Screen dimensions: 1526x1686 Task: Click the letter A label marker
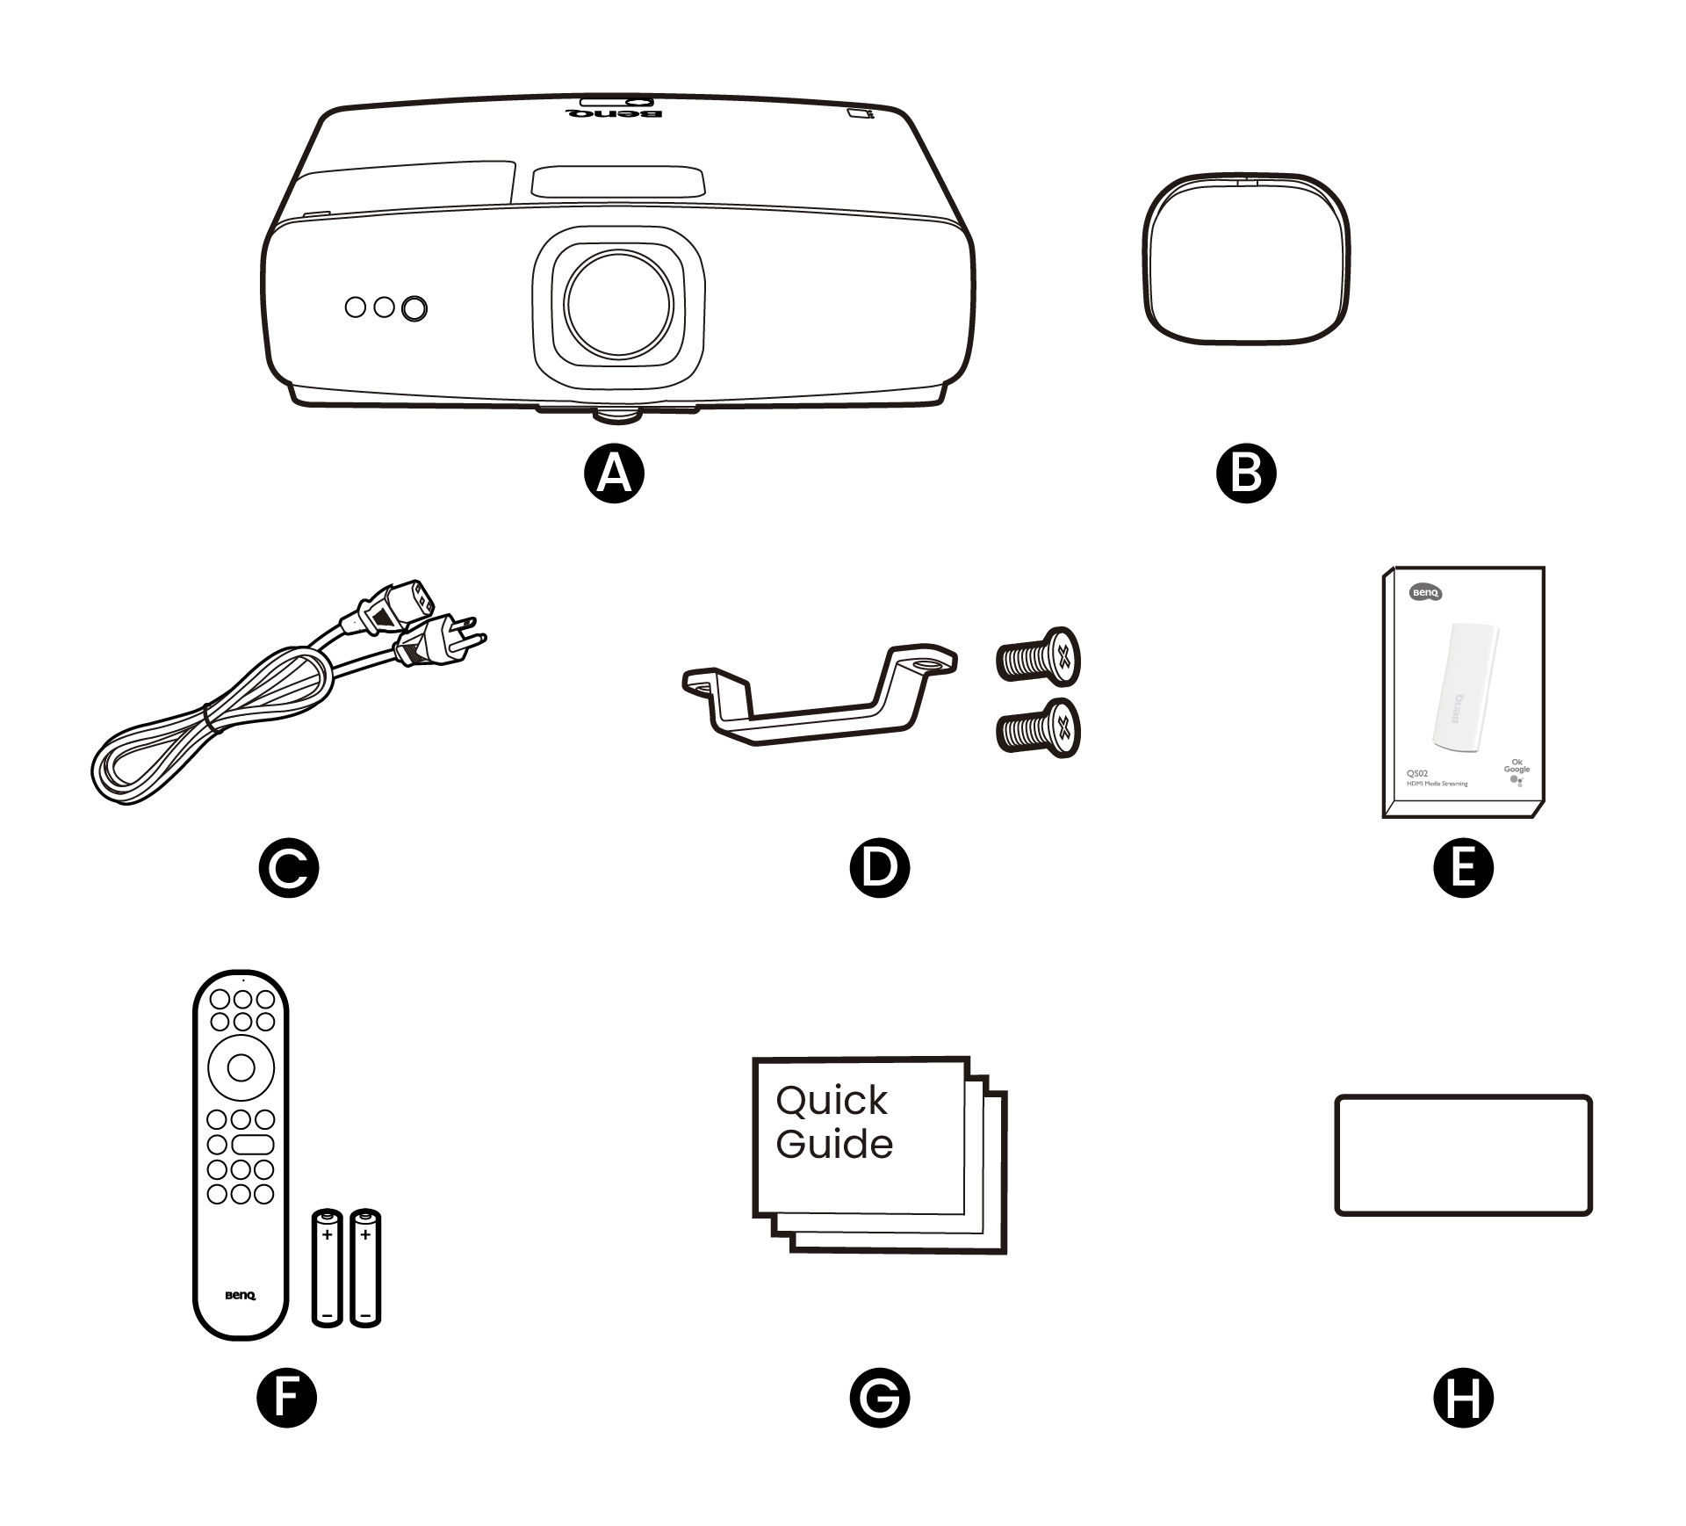click(x=614, y=473)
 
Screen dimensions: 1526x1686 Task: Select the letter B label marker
click(x=1246, y=473)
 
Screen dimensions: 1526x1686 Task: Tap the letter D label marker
click(x=880, y=867)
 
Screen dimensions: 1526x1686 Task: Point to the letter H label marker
click(x=1463, y=1398)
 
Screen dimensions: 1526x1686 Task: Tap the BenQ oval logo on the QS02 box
click(x=1425, y=593)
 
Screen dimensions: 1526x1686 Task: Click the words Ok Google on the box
click(x=1516, y=765)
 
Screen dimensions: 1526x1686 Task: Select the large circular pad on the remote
click(x=241, y=1067)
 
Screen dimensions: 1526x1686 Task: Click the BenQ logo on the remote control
click(x=241, y=1295)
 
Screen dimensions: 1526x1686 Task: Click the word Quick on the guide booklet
click(x=832, y=1100)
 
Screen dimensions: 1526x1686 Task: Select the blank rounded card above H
click(x=1463, y=1154)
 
